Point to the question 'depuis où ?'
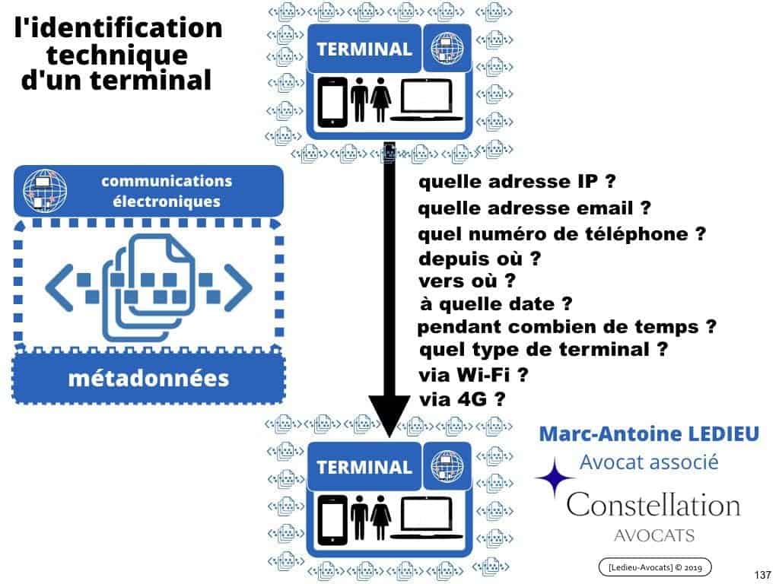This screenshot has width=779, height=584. [x=479, y=258]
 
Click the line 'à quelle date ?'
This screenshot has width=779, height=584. [x=495, y=304]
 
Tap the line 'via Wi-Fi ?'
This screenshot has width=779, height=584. [x=473, y=375]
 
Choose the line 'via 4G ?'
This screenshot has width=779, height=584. [x=463, y=398]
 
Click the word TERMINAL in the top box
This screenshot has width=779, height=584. [x=364, y=49]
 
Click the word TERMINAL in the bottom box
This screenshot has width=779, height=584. [x=364, y=467]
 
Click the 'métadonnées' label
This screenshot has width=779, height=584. [x=148, y=377]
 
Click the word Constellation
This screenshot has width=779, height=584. [x=653, y=503]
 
